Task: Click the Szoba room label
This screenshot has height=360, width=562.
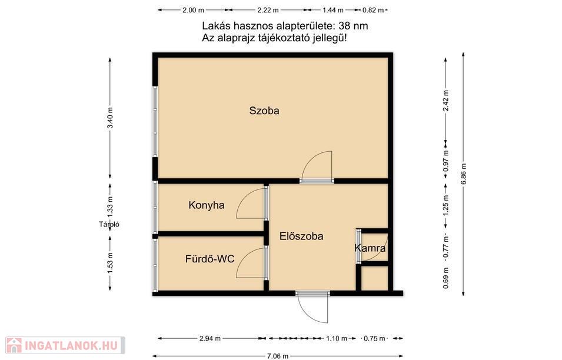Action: [x=264, y=111]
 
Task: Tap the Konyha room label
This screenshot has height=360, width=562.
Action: [x=207, y=205]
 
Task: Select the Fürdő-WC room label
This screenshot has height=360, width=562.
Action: [x=209, y=259]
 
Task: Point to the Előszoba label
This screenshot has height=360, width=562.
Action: [x=301, y=236]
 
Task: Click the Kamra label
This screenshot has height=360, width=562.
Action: [x=370, y=248]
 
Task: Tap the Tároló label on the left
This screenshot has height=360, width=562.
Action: [x=109, y=225]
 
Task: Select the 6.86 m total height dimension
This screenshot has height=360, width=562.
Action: [x=464, y=174]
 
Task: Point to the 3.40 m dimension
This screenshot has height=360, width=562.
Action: [x=110, y=118]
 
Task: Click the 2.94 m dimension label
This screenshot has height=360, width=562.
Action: [x=210, y=338]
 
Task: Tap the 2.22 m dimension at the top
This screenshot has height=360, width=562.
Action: [x=268, y=10]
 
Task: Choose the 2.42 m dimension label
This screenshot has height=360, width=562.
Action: [x=446, y=101]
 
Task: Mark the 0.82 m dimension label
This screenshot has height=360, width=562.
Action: [x=373, y=10]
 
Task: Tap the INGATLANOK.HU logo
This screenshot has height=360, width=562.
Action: [x=65, y=345]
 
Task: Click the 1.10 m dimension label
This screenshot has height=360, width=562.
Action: [x=337, y=338]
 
